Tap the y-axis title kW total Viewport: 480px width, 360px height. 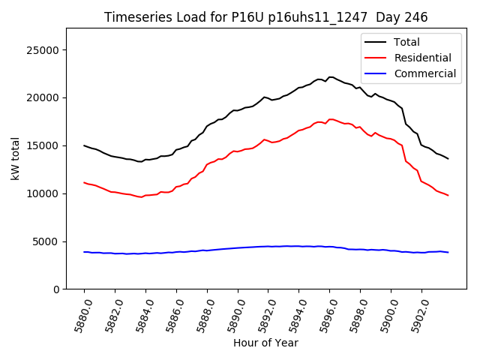point(15,159)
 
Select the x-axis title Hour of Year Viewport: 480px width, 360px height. point(265,343)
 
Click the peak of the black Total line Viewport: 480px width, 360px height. point(331,76)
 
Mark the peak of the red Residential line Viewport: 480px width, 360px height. point(331,119)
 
